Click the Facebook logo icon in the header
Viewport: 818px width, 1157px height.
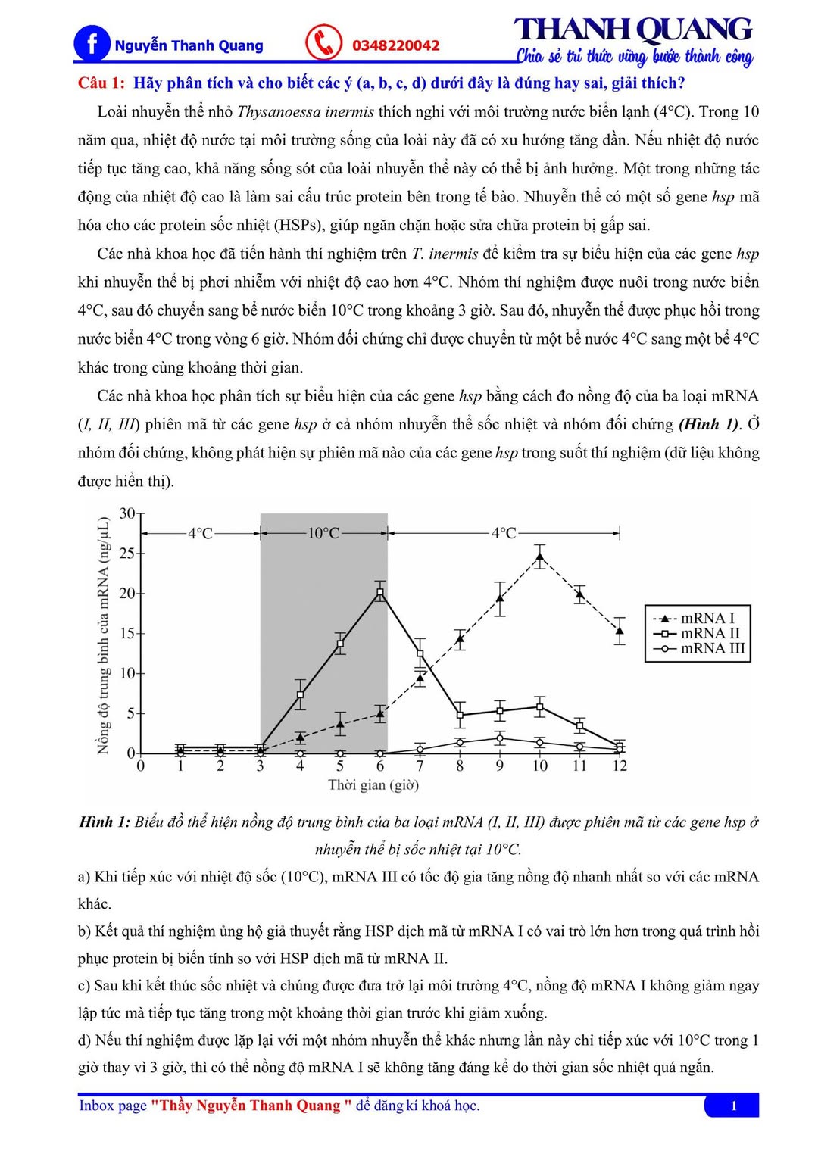[x=92, y=43]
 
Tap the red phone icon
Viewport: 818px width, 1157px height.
[x=324, y=42]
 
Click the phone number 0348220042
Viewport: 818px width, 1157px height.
[x=395, y=45]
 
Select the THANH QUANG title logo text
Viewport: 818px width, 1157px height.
[x=633, y=30]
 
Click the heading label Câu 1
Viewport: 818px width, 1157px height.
[x=101, y=83]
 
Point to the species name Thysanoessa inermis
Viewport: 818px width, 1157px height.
[x=305, y=112]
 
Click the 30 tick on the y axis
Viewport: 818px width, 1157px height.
[x=127, y=513]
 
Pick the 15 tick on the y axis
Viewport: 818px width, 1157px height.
[x=127, y=633]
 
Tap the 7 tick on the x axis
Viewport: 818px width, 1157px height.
[x=420, y=766]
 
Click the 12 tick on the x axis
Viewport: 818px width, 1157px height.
[x=620, y=766]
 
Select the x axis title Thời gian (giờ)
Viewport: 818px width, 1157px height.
[x=373, y=785]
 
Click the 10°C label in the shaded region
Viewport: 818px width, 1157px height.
[x=323, y=533]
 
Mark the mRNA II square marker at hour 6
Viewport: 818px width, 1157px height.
[x=380, y=593]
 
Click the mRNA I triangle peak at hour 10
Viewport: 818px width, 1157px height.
[x=539, y=557]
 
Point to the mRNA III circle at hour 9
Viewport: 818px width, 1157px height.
[x=500, y=738]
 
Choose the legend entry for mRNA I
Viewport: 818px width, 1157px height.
[x=698, y=619]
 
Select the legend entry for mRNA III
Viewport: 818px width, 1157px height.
[x=698, y=649]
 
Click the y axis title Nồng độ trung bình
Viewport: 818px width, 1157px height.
[x=104, y=636]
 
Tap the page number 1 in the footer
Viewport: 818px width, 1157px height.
[x=733, y=1106]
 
